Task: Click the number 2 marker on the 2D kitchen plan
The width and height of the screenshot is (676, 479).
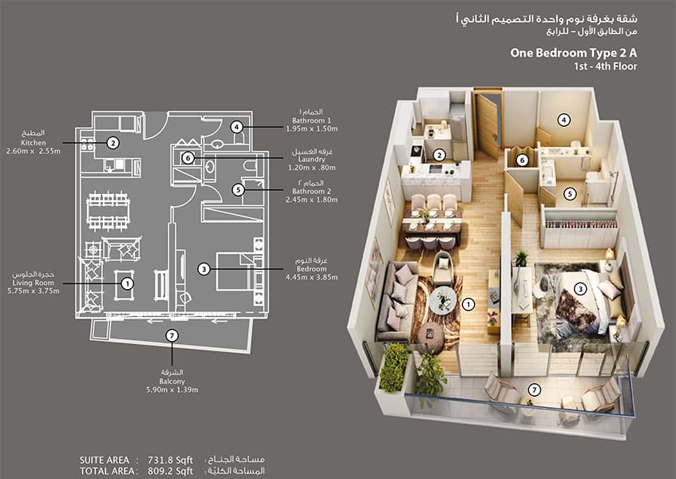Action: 113,143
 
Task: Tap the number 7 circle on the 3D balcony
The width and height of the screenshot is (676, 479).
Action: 535,390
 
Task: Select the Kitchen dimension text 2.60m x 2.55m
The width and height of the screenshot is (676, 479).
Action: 34,152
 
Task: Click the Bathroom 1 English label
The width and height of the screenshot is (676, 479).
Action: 312,121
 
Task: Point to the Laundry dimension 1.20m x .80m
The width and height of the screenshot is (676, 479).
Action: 311,168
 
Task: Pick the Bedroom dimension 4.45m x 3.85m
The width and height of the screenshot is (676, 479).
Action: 312,277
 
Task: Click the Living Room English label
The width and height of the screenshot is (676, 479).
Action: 34,283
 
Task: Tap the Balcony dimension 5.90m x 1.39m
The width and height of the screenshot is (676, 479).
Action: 172,390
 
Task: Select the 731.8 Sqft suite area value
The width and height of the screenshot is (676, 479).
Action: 170,460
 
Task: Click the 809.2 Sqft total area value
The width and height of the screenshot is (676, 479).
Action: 170,471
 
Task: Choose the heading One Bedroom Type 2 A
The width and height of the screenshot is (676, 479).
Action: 573,53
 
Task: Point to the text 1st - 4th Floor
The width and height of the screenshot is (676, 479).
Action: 605,66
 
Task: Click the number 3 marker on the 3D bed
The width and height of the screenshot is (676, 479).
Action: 580,289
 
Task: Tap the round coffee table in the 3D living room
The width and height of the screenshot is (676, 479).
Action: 443,299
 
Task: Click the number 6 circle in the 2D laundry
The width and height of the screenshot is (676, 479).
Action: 188,158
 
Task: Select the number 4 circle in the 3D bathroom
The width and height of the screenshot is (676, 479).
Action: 564,120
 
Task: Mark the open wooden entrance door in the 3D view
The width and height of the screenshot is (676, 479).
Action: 487,126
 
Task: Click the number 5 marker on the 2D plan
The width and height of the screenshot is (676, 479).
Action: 238,190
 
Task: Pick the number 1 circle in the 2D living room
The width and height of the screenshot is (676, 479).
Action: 127,283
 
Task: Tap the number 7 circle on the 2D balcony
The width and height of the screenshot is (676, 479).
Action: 172,335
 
